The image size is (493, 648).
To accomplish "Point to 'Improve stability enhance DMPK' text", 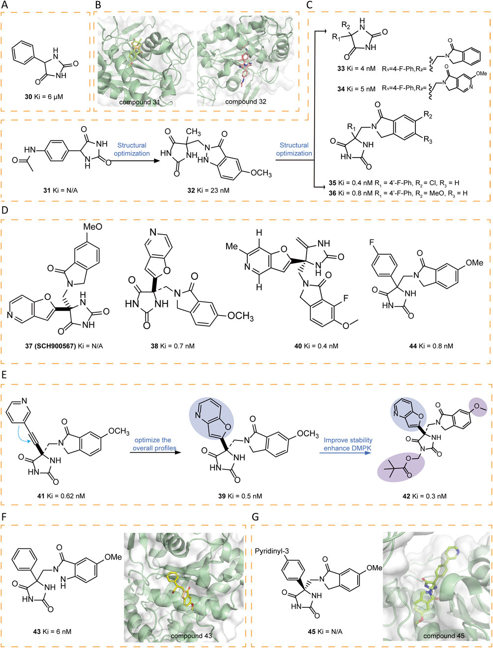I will tap(348, 444).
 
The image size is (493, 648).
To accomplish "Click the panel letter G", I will tap(255, 517).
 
